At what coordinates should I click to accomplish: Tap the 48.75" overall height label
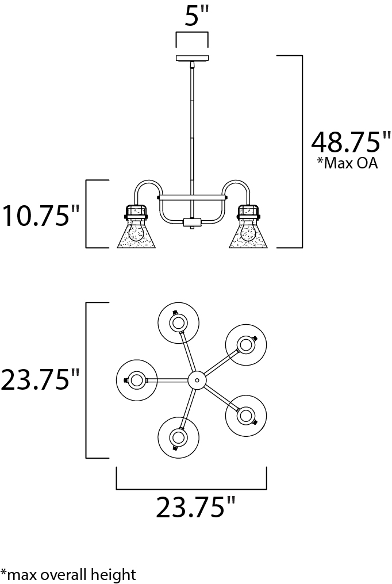tap(351, 141)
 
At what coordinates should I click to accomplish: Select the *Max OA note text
tap(347, 163)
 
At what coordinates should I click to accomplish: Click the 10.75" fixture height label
tap(41, 216)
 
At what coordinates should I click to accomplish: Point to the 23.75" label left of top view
tap(40, 380)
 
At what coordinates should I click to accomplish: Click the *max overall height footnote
tap(68, 574)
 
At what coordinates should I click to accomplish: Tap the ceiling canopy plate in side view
tap(192, 58)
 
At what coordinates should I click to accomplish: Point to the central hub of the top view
tap(197, 381)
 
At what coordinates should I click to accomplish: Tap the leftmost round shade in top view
tap(137, 380)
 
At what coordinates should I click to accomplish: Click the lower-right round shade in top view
tap(245, 416)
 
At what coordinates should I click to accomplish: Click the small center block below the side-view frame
tap(191, 222)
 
